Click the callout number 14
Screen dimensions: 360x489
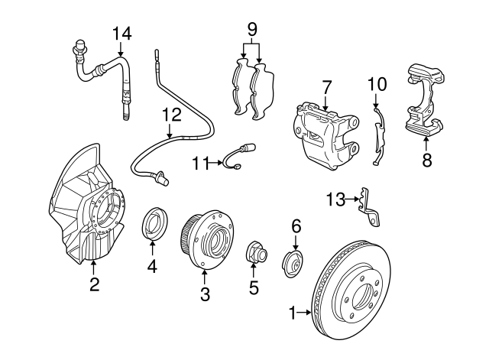coord(121,33)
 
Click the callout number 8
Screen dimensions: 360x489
coord(426,160)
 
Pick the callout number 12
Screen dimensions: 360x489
coord(172,115)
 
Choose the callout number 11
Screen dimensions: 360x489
coord(200,162)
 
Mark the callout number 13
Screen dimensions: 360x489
coord(336,200)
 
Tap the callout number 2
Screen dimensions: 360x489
coord(94,285)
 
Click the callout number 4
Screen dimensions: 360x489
coord(152,266)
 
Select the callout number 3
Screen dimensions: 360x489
coord(205,294)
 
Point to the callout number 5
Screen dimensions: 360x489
coord(254,288)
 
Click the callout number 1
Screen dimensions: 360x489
coord(292,312)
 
